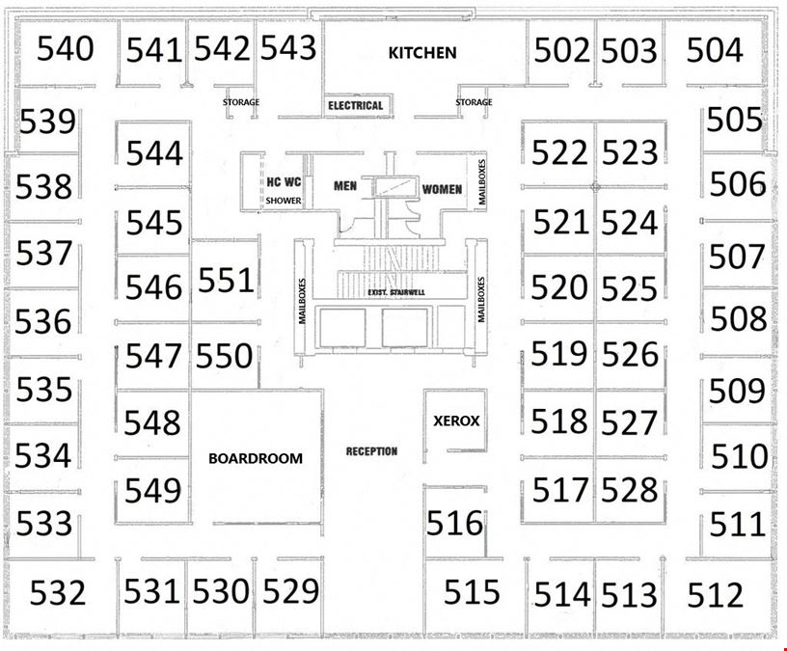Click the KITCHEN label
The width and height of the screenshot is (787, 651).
[x=422, y=53]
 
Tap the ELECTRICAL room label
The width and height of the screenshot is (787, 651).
[x=355, y=105]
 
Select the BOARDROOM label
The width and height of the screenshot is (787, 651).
[x=256, y=458]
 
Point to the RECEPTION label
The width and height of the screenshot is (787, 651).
[x=371, y=451]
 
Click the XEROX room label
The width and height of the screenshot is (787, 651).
[x=456, y=420]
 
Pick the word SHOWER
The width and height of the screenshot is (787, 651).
[x=284, y=201]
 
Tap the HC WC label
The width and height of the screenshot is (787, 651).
[x=284, y=181]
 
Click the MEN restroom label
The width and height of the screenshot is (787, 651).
[x=345, y=186]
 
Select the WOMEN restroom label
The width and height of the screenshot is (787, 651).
[x=442, y=189]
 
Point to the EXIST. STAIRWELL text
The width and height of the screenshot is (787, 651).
[x=396, y=292]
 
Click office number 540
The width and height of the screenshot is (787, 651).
[x=66, y=48]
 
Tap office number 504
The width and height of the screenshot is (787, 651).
[x=715, y=50]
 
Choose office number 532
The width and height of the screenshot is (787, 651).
[x=58, y=592]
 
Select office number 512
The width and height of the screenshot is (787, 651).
[x=715, y=595]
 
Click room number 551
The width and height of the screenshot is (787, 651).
[x=226, y=280]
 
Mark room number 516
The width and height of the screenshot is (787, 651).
[x=454, y=523]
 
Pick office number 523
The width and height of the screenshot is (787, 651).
[x=630, y=152]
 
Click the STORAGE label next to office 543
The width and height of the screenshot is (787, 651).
[x=241, y=102]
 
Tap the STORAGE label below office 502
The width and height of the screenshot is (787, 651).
[x=474, y=102]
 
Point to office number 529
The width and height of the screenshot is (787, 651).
[x=290, y=591]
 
